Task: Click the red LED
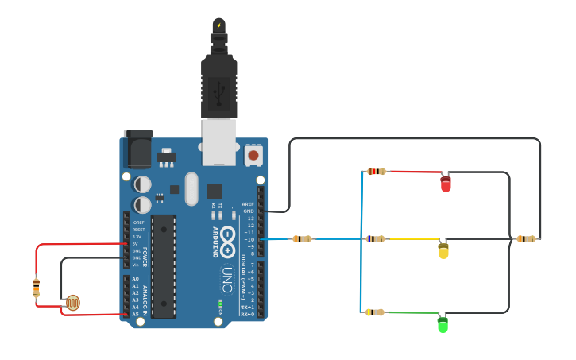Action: pyautogui.click(x=446, y=184)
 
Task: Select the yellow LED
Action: pyautogui.click(x=443, y=251)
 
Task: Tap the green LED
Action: pyautogui.click(x=443, y=324)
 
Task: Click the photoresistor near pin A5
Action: pyautogui.click(x=72, y=302)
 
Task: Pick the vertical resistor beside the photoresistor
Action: pyautogui.click(x=36, y=287)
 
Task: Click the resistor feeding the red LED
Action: pyautogui.click(x=377, y=171)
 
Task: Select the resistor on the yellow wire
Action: pyautogui.click(x=375, y=238)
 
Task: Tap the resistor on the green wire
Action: pyautogui.click(x=375, y=312)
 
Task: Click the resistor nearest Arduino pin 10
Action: pyautogui.click(x=302, y=238)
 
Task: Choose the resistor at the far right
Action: pyautogui.click(x=526, y=238)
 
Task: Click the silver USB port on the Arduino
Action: pyautogui.click(x=218, y=141)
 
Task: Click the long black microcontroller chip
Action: pyautogui.click(x=164, y=266)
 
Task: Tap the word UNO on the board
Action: pyautogui.click(x=227, y=279)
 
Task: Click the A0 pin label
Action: pyautogui.click(x=135, y=279)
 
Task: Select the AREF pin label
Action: pyautogui.click(x=248, y=203)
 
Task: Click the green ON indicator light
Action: pyautogui.click(x=220, y=303)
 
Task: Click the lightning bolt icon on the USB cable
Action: pyautogui.click(x=219, y=25)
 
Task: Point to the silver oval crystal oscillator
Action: pyautogui.click(x=191, y=188)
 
